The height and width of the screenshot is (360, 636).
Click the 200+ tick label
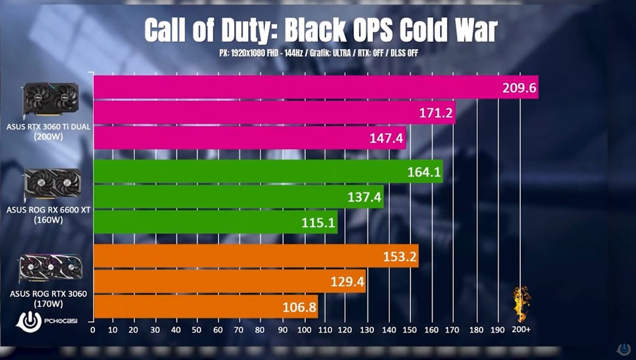[520, 330]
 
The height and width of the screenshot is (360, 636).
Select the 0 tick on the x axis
[93, 330]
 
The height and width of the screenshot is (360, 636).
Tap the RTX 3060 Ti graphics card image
[50, 100]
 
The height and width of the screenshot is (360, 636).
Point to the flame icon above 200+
[521, 304]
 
